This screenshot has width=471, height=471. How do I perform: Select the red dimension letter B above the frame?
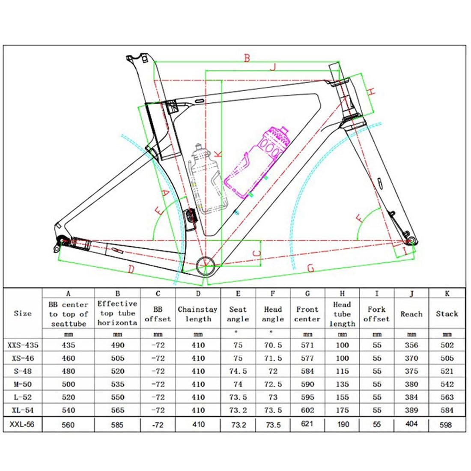click(x=247, y=58)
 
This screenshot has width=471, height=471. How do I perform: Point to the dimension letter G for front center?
click(x=311, y=268)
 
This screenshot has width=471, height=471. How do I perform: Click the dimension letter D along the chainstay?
click(x=131, y=269)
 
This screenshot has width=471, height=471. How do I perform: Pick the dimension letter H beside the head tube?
click(x=371, y=91)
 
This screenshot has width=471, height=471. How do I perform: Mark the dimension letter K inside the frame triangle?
click(x=218, y=153)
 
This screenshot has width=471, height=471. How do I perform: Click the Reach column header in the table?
click(x=411, y=314)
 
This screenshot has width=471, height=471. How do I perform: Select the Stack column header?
click(x=447, y=314)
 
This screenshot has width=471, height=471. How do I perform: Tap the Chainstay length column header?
click(x=198, y=314)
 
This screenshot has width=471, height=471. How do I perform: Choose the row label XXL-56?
click(x=23, y=424)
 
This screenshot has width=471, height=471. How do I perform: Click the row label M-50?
click(x=23, y=384)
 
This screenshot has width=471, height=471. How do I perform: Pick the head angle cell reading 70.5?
click(x=273, y=345)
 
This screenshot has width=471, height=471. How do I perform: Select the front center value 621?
click(x=307, y=424)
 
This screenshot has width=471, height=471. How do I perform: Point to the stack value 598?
click(x=447, y=424)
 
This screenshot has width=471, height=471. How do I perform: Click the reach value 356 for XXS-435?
click(x=411, y=345)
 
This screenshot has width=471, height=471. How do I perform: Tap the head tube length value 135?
click(x=342, y=384)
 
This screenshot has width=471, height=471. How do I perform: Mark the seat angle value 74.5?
click(x=238, y=371)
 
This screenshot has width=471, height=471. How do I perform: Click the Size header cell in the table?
click(x=23, y=313)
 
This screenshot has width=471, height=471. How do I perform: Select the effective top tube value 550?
click(x=117, y=397)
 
